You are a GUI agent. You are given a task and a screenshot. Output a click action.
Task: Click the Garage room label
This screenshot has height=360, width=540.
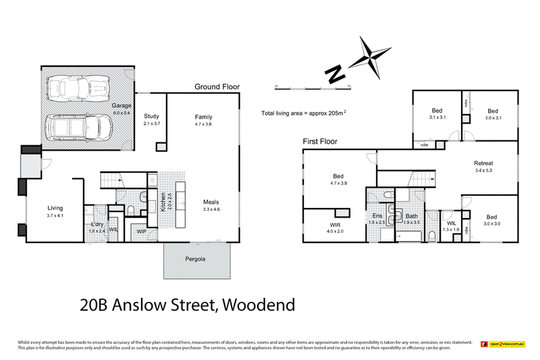122,107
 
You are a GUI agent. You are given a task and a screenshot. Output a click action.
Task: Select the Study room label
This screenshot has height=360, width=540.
151,116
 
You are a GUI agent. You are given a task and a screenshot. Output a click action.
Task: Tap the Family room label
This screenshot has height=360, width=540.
203,116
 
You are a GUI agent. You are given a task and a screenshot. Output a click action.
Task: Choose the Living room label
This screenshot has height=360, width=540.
55,208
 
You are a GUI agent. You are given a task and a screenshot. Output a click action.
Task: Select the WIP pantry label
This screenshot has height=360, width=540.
141,232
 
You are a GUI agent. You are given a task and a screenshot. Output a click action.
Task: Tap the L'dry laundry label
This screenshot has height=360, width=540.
97,224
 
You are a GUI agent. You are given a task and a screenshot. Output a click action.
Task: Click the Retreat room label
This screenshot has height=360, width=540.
483,163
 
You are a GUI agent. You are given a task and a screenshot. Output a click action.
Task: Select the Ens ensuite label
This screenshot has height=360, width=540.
377,215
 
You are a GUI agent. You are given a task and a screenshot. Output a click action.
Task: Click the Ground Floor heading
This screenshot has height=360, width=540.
217,86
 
